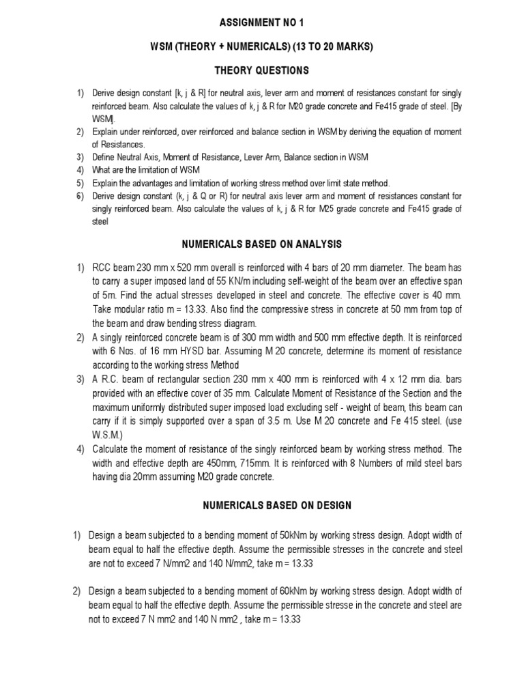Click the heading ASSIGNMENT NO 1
[262, 23]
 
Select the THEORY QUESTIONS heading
[262, 70]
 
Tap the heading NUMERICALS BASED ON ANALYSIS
[262, 244]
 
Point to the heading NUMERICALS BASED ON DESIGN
[262, 505]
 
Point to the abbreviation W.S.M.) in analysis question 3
[109, 435]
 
